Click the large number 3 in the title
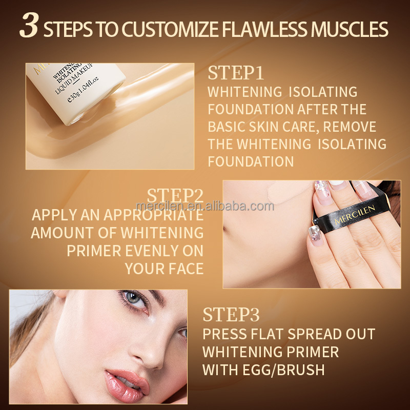pyautogui.click(x=29, y=27)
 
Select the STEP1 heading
pyautogui.click(x=236, y=73)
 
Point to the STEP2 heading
pyautogui.click(x=175, y=195)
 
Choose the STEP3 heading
pyautogui.click(x=232, y=314)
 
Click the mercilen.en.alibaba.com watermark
pyautogui.click(x=205, y=206)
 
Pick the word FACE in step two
pyautogui.click(x=184, y=268)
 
